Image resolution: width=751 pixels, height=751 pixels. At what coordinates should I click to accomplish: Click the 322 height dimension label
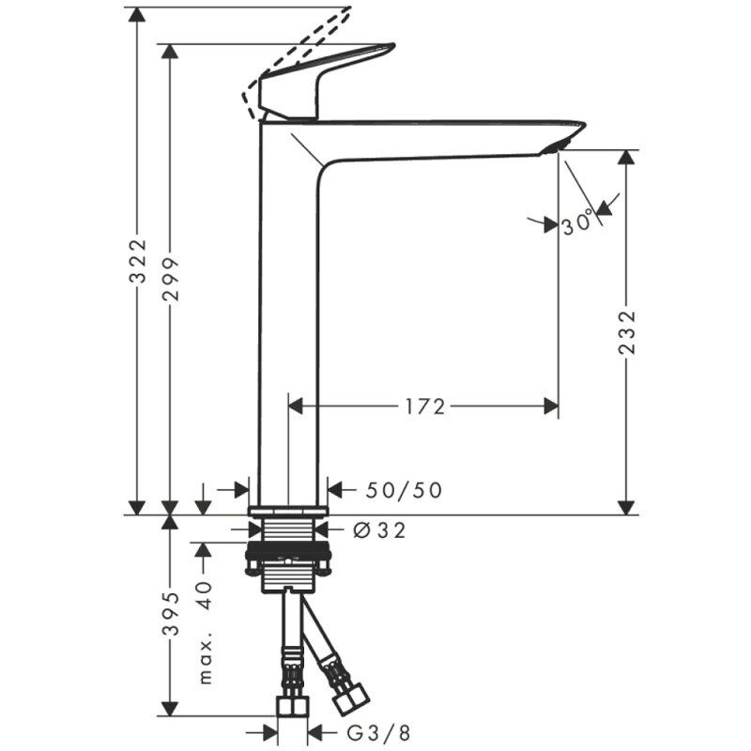(139, 261)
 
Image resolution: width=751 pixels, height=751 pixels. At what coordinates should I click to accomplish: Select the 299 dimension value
(170, 279)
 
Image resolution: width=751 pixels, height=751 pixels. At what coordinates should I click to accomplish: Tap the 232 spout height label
(627, 333)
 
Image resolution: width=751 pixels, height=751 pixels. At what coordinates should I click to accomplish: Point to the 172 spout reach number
(425, 406)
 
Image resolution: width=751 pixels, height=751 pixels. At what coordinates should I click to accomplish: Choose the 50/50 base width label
(404, 490)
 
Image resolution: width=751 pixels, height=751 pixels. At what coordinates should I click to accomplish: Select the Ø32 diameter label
(379, 529)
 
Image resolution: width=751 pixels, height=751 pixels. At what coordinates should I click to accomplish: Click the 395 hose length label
(170, 614)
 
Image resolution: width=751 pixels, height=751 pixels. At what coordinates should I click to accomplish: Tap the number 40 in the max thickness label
(205, 595)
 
